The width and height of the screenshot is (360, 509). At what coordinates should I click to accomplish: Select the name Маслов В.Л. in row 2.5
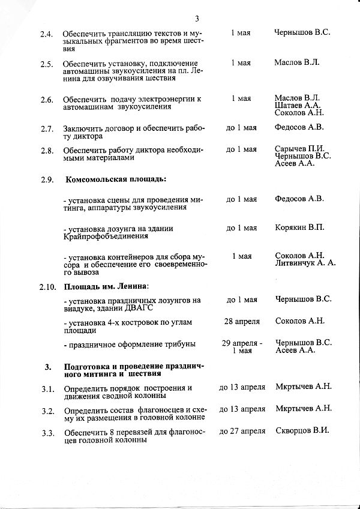297,62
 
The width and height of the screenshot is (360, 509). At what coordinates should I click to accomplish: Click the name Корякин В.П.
299,227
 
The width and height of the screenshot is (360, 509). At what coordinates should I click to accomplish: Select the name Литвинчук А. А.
305,263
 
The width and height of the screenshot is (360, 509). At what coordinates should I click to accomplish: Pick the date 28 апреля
241,321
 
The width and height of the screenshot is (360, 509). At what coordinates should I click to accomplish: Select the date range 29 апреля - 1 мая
241,347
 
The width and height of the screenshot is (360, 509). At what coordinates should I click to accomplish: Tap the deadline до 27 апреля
242,431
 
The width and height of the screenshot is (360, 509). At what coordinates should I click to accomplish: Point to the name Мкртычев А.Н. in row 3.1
303,387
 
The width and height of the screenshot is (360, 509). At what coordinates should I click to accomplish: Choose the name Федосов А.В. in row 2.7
299,127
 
